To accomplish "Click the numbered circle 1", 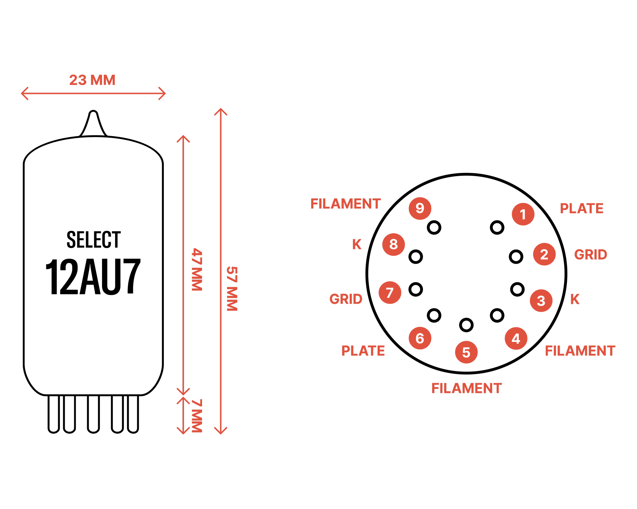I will point(523,214).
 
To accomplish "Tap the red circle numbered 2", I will point(544,254).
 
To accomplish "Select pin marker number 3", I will point(541,301).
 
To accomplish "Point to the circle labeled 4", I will point(516,338).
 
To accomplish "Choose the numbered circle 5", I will point(466,352).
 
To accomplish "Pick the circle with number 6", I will point(420,338).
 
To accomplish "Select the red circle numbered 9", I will point(420,208).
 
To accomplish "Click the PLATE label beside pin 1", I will point(581,208).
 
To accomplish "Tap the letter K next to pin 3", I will point(575,299).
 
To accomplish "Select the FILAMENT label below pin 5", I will point(467,388).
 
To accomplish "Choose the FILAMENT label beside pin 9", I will point(346,204).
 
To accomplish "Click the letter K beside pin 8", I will point(357,244).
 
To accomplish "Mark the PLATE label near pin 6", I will point(363,350).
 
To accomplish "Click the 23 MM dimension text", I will point(92,80).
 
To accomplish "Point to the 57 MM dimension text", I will point(232,289).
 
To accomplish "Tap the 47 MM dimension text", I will point(197,270).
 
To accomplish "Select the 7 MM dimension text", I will point(197,416).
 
